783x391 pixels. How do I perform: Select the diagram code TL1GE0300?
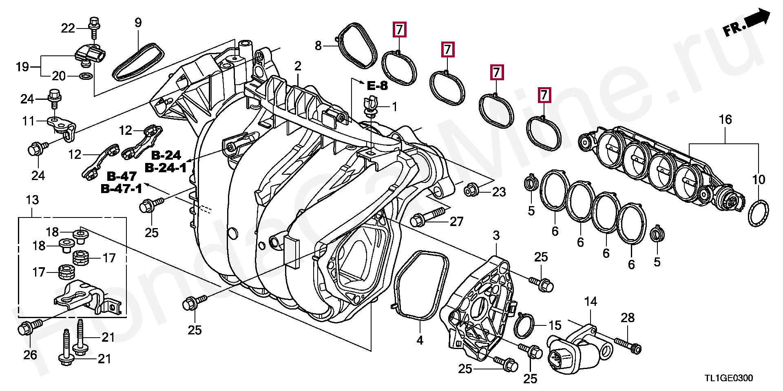coord(728,378)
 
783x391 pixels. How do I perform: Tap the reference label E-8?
coord(377,86)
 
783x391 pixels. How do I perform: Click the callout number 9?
coord(138,23)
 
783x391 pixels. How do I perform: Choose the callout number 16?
coord(725,119)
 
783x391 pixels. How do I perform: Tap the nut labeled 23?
coord(471,190)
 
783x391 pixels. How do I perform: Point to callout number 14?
coord(591,301)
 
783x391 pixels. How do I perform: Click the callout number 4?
coord(420,340)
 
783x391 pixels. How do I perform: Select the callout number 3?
coord(496,235)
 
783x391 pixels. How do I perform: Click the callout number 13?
coord(32,200)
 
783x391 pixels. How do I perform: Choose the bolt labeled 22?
coord(94,25)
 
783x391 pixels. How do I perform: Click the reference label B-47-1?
coord(121,189)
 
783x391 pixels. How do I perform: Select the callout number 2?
coord(298,66)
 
